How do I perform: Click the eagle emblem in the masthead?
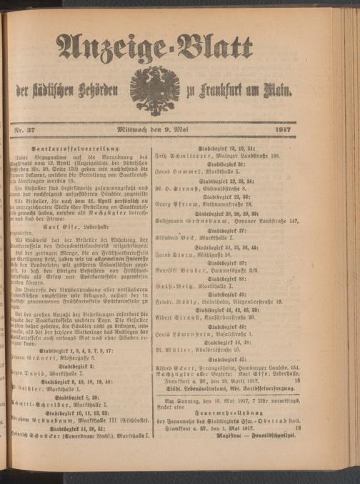(x=154, y=89)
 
